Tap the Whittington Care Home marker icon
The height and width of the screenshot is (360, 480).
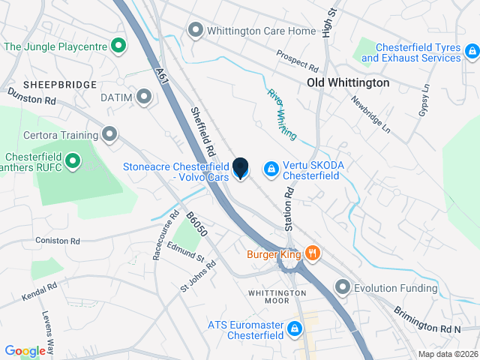tap(196, 31)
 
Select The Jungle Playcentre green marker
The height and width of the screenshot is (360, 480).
tap(118, 46)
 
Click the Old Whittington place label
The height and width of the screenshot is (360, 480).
tap(348, 82)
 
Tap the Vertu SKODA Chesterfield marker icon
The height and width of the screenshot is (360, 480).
tap(269, 170)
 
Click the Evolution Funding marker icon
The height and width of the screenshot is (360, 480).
tap(343, 288)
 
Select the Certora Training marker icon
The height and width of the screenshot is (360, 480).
tap(110, 136)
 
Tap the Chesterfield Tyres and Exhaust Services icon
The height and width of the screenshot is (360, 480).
tap(472, 52)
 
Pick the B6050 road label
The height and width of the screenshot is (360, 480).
tap(196, 224)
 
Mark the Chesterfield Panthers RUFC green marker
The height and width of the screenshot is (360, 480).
tap(73, 160)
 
